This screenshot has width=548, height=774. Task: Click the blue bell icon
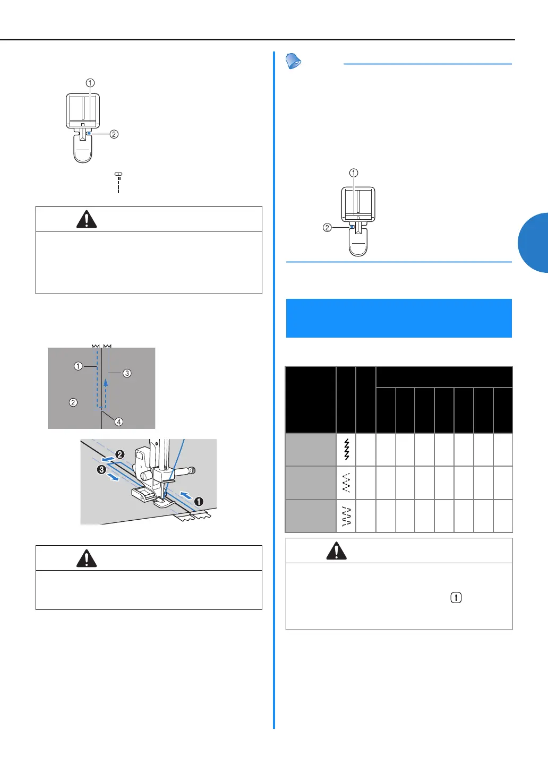[x=293, y=61]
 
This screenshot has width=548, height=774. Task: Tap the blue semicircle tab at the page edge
[x=534, y=243]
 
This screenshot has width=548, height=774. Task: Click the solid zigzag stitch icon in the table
[x=346, y=450]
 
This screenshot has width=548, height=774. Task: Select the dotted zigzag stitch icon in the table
[x=346, y=483]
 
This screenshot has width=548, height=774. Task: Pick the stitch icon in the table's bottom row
[x=346, y=515]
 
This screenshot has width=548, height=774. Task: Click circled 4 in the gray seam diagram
[x=119, y=422]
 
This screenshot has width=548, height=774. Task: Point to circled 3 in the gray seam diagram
[x=127, y=373]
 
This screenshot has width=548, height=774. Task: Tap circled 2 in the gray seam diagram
[x=73, y=402]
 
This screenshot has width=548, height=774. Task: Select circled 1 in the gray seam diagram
[x=78, y=366]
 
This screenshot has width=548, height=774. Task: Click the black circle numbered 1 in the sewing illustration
[x=199, y=501]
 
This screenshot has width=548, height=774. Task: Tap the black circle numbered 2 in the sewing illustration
[x=120, y=454]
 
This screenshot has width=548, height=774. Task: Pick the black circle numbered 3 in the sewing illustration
[x=101, y=469]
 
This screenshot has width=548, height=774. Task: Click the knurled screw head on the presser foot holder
[x=192, y=470]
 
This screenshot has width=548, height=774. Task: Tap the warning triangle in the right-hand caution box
[x=336, y=551]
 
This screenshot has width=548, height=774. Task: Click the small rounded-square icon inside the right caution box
[x=456, y=597]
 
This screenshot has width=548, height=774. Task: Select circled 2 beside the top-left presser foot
[x=114, y=134]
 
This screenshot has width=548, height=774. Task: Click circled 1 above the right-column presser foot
[x=354, y=173]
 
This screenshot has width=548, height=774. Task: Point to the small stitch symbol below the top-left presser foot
[x=118, y=174]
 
